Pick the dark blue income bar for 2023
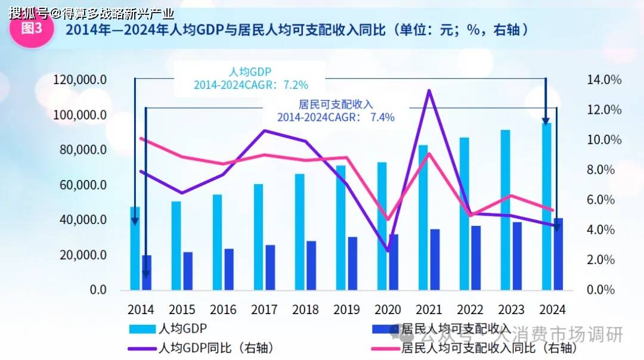coord(517,256)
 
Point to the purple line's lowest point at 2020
coord(388,251)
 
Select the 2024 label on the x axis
coord(551,310)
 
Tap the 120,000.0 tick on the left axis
coord(80,80)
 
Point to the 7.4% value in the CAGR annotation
coord(382,117)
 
